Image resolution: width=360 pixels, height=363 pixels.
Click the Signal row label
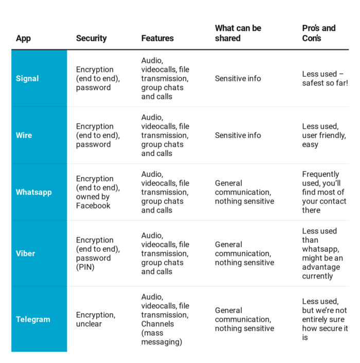27,79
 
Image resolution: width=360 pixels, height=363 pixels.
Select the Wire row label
24,135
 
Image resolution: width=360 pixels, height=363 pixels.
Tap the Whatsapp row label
34,192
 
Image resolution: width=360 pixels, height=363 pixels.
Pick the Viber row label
26,253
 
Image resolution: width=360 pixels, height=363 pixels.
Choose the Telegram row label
33,319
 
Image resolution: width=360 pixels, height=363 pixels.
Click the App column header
23,38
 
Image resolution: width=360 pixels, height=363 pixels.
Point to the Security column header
91,38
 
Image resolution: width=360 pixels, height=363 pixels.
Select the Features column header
157,38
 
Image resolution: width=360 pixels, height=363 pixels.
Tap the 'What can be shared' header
238,33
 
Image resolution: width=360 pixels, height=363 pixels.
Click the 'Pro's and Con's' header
318,33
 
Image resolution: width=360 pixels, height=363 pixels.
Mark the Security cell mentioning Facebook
98,192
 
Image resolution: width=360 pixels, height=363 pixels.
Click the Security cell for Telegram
95,319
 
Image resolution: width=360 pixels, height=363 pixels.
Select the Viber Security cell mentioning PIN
98,253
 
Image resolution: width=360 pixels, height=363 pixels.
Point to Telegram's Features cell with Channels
165,319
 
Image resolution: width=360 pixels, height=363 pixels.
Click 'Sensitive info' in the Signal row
238,79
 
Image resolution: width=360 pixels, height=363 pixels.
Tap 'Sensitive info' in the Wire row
238,135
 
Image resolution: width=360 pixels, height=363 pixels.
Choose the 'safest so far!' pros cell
325,79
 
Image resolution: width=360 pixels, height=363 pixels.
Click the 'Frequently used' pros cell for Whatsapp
323,192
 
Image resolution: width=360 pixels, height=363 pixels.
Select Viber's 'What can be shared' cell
244,253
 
